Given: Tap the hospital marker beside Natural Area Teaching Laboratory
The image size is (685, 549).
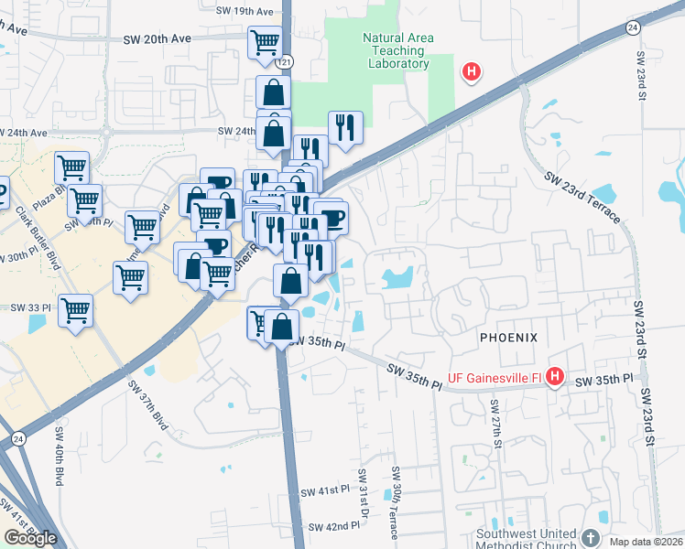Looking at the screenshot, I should point(472,70).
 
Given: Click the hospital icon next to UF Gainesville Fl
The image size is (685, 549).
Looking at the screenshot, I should point(553,375).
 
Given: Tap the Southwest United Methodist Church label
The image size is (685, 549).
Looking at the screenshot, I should point(527,540).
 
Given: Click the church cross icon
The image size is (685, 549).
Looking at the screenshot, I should point(590,537).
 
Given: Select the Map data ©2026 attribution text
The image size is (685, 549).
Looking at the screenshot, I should point(646,542).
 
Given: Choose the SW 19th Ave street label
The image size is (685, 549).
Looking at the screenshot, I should point(246,12).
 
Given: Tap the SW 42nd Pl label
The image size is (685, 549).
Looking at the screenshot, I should point(334,527).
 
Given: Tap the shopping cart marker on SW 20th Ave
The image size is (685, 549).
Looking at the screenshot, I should point(265,41).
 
